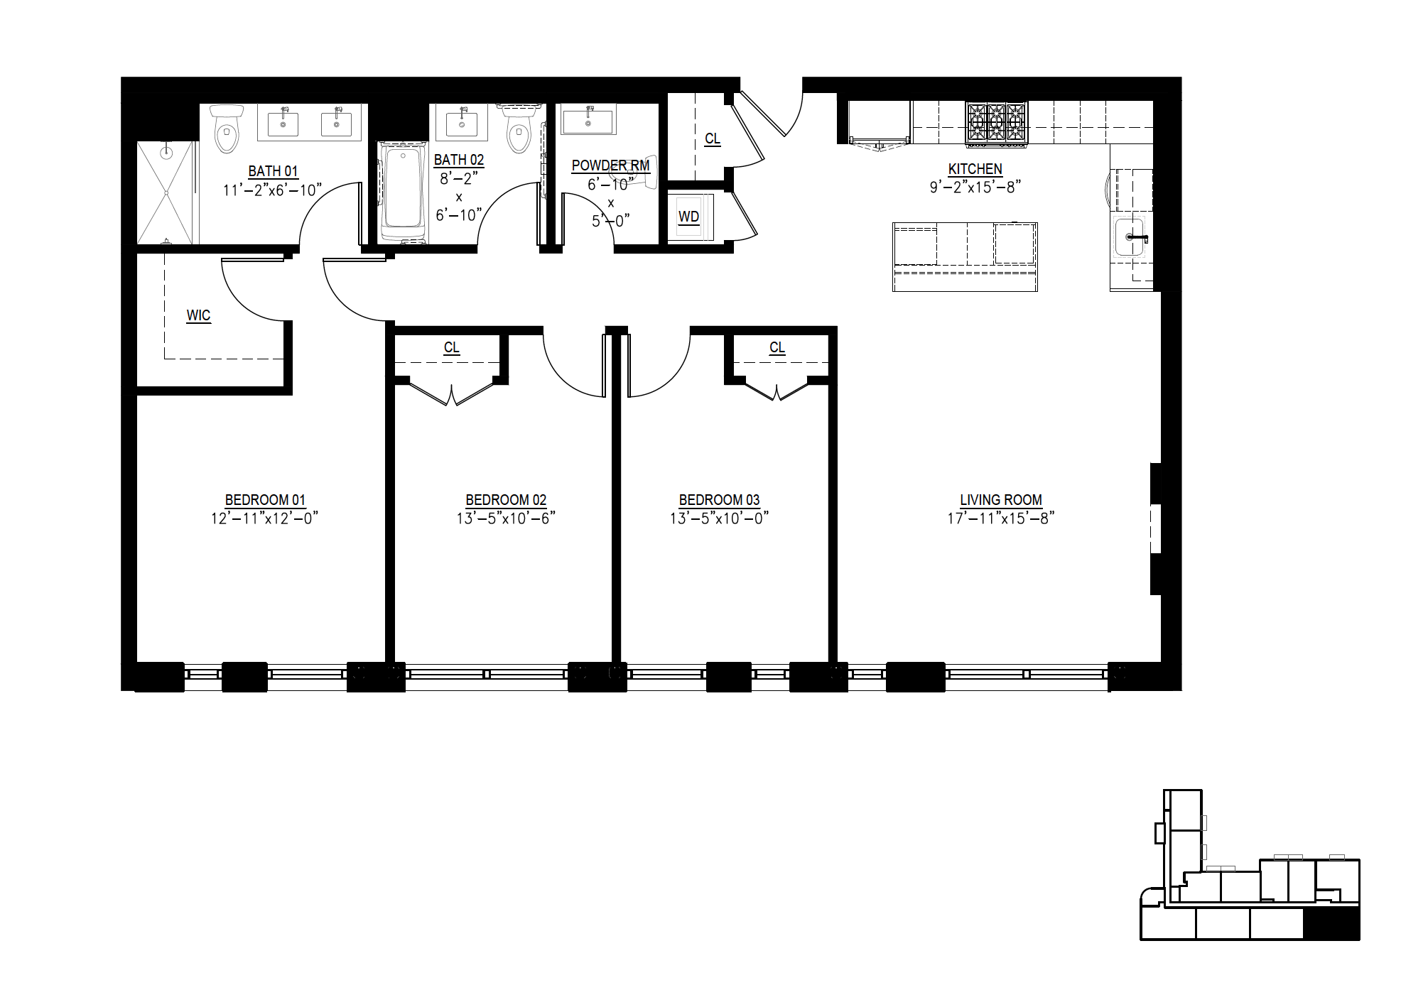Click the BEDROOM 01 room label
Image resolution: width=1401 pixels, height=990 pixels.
pyautogui.click(x=265, y=500)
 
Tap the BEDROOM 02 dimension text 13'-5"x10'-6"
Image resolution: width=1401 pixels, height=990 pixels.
pyautogui.click(x=506, y=518)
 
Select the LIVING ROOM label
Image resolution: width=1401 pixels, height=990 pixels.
pyautogui.click(x=1001, y=500)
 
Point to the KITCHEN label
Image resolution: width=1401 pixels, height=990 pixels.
pyautogui.click(x=975, y=169)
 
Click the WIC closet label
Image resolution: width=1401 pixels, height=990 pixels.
pyautogui.click(x=198, y=315)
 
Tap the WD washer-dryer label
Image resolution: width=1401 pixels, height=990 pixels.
pyautogui.click(x=688, y=217)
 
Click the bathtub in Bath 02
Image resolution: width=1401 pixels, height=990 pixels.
pyautogui.click(x=403, y=192)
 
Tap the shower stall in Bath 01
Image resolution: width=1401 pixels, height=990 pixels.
pyautogui.click(x=166, y=192)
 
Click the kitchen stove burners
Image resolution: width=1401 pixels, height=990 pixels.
pyautogui.click(x=996, y=124)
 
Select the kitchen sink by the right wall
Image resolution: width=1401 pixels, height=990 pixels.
pyautogui.click(x=1130, y=237)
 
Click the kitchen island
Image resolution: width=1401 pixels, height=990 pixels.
pyautogui.click(x=965, y=256)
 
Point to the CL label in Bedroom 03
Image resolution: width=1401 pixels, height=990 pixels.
pyautogui.click(x=777, y=347)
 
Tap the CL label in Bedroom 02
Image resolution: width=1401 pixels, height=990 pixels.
pyautogui.click(x=452, y=347)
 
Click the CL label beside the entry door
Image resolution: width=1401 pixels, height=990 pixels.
pyautogui.click(x=713, y=138)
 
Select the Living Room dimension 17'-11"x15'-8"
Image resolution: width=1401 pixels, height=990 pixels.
pyautogui.click(x=1001, y=518)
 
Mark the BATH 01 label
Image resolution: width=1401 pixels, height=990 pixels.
pyautogui.click(x=274, y=171)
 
